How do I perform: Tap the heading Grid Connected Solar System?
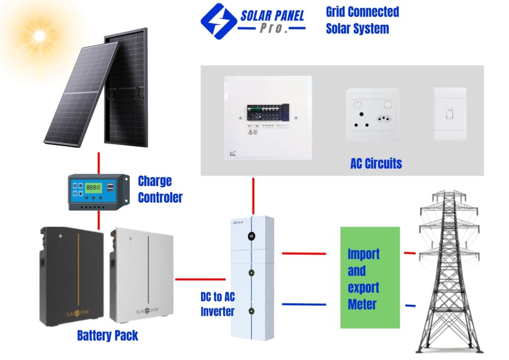pos(362,20)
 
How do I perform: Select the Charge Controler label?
pos(160,189)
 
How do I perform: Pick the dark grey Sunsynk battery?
pos(71,276)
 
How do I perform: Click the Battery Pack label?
pos(107,336)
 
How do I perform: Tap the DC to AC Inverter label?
pos(217,304)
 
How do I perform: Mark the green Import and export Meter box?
pos(370,277)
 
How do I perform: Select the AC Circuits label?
pos(376,163)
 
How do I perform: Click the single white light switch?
pos(450,114)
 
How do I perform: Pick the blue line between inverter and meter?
pos(304,304)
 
